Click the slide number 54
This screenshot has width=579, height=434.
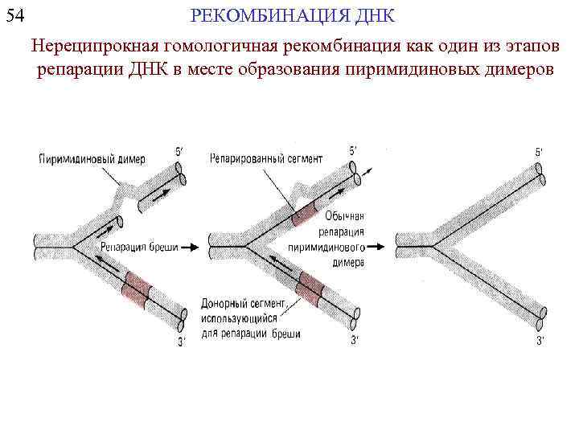coord(15,15)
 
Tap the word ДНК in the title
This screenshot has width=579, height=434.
coord(372,16)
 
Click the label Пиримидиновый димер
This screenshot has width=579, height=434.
coord(84,159)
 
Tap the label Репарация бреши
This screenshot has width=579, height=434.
coord(139,248)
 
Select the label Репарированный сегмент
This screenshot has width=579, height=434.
coord(266,159)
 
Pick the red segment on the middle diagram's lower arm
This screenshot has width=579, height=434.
coord(310,284)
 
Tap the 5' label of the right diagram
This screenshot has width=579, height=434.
coord(538,151)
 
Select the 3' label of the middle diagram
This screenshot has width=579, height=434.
coord(354,342)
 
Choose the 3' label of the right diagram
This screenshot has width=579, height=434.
coord(540,342)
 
